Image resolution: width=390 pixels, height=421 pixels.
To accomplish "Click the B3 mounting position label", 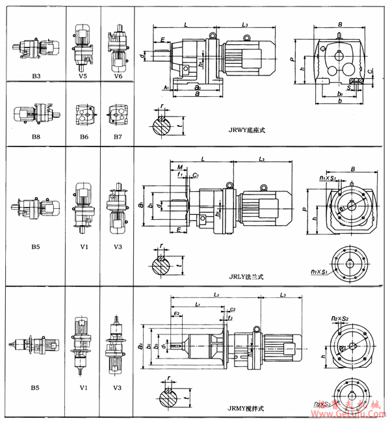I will (36, 75).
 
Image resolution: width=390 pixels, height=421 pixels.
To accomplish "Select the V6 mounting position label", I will (117, 75).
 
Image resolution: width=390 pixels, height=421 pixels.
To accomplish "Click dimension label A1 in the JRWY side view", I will (166, 86).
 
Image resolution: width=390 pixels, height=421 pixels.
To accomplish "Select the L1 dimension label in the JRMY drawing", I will (199, 304).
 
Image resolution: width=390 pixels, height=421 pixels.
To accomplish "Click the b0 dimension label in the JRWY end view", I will (339, 94).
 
